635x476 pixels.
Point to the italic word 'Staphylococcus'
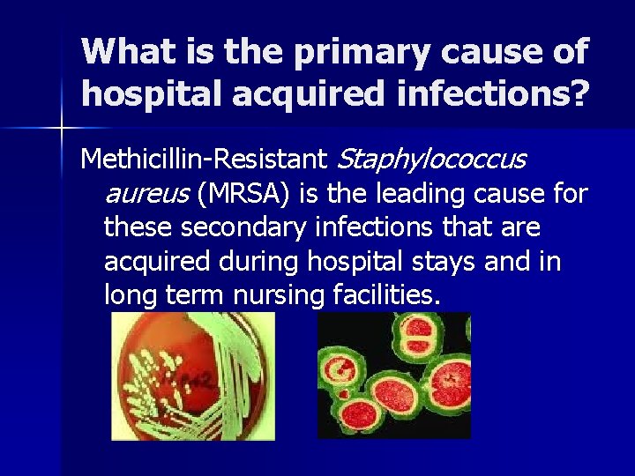point(431,160)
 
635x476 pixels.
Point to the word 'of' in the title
point(569,52)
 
